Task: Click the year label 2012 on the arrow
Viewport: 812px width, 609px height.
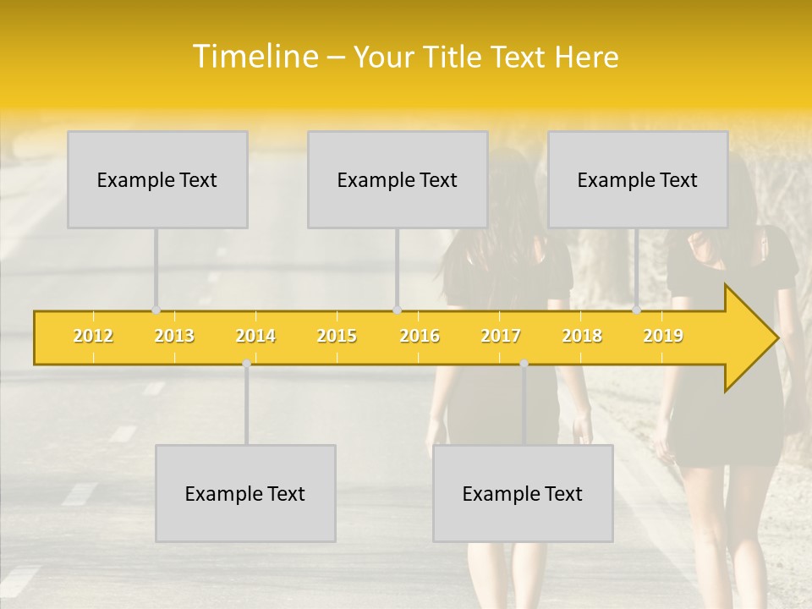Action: pyautogui.click(x=93, y=337)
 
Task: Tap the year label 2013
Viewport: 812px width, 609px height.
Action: pyautogui.click(x=174, y=337)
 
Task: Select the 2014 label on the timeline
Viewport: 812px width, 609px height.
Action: pyautogui.click(x=255, y=337)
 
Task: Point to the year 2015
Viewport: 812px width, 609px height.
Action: pyautogui.click(x=337, y=337)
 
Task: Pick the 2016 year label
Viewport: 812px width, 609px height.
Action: pyautogui.click(x=420, y=337)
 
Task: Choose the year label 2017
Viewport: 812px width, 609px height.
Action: pyautogui.click(x=501, y=337)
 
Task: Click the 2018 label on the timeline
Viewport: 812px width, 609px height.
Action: pyautogui.click(x=582, y=337)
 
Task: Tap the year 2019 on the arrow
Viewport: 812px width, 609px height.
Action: pyautogui.click(x=663, y=337)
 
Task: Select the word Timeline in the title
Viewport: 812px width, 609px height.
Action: pyautogui.click(x=254, y=57)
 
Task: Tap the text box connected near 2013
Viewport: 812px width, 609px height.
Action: pyautogui.click(x=157, y=179)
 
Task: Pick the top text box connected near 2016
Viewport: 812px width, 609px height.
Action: pyautogui.click(x=398, y=179)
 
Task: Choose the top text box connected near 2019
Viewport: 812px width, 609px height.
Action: pyautogui.click(x=638, y=179)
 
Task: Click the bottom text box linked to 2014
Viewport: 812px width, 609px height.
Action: pyautogui.click(x=245, y=493)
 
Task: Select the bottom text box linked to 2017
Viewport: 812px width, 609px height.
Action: pyautogui.click(x=523, y=493)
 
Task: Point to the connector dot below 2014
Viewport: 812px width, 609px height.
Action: pyautogui.click(x=246, y=363)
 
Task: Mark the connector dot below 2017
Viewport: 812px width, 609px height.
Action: pyautogui.click(x=524, y=363)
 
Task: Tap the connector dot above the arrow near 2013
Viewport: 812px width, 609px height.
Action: pyautogui.click(x=156, y=310)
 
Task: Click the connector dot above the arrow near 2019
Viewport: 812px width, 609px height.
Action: pyautogui.click(x=636, y=310)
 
